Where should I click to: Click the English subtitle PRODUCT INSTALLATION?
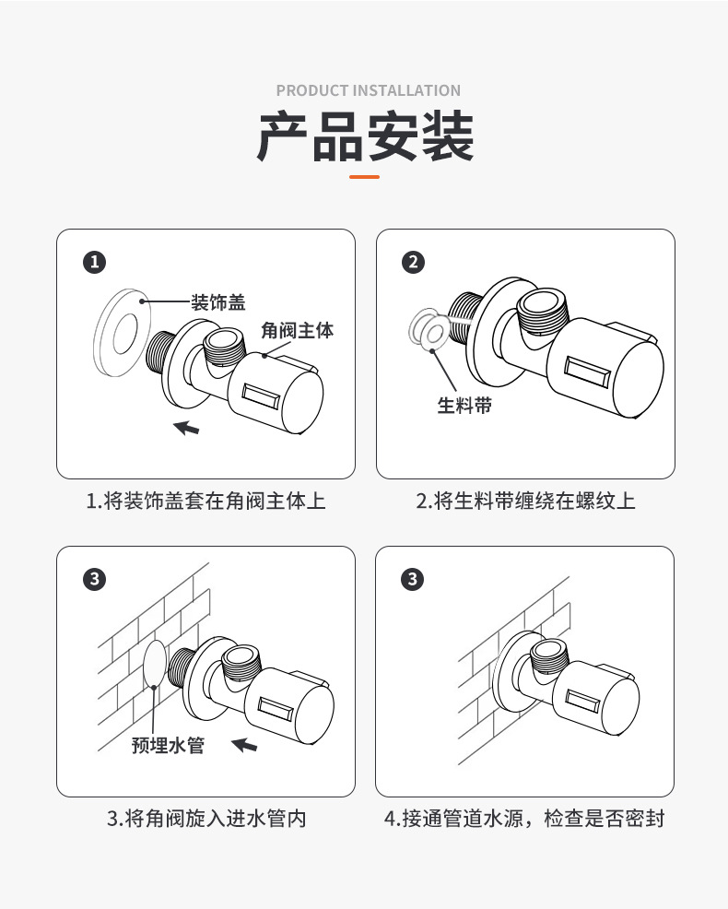pos(368,90)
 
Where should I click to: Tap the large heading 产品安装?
pos(365,136)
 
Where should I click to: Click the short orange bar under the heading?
pos(365,176)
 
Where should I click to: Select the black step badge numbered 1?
pos(94,263)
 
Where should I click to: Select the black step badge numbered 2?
pos(413,263)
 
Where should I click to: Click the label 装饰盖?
pos(217,301)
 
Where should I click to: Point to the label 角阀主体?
pos(297,329)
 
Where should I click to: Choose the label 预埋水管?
pos(168,745)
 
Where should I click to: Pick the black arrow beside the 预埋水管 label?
pos(244,744)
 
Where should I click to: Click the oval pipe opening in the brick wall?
pos(155,663)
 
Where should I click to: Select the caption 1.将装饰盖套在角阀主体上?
pos(205,502)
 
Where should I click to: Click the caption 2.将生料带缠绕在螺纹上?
pos(525,502)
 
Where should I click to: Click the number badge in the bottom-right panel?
pos(413,580)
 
